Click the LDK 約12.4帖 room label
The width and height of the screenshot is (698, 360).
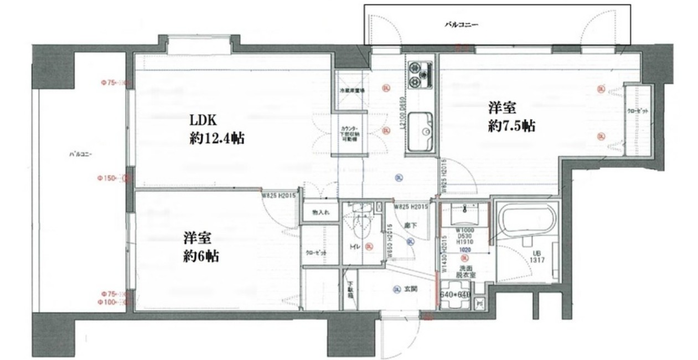pyautogui.click(x=217, y=129)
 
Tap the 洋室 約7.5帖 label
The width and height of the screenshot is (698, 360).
pyautogui.click(x=511, y=116)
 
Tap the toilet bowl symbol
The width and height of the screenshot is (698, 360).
pyautogui.click(x=361, y=224)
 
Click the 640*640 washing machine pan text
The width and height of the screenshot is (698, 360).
pyautogui.click(x=455, y=295)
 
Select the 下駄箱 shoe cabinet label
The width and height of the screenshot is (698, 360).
pyautogui.click(x=350, y=291)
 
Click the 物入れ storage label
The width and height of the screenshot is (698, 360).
pyautogui.click(x=320, y=212)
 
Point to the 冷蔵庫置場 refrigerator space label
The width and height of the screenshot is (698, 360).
pyautogui.click(x=350, y=90)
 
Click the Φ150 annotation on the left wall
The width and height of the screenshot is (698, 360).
pyautogui.click(x=110, y=179)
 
